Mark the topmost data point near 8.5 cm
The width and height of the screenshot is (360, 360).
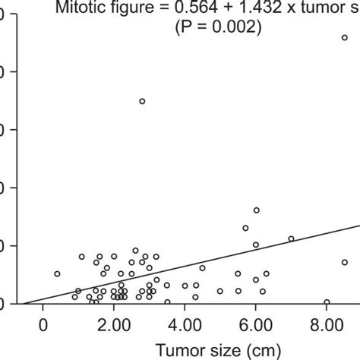tap(344, 37)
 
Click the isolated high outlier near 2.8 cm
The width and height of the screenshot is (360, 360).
tap(142, 101)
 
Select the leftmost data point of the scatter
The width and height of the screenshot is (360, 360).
tap(57, 273)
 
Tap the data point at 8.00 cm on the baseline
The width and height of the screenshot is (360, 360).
tap(327, 302)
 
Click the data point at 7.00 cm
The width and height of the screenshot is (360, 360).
tap(291, 238)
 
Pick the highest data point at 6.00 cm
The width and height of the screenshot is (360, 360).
tap(256, 210)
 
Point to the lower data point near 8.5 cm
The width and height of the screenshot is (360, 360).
tap(344, 262)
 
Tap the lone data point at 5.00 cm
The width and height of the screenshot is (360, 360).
tap(220, 291)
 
